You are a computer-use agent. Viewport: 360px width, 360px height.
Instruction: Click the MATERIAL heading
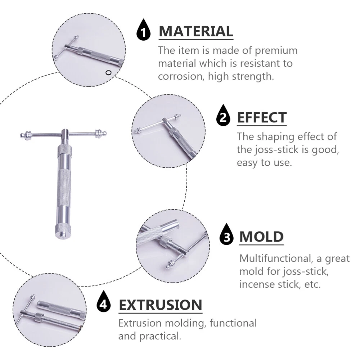click(x=196, y=31)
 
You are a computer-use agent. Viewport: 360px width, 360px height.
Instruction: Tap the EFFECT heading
click(x=262, y=118)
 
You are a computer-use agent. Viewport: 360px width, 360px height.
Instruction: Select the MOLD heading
click(x=261, y=237)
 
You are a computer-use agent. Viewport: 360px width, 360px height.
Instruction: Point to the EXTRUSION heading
click(x=161, y=305)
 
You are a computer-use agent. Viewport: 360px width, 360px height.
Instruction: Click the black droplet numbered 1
click(x=144, y=30)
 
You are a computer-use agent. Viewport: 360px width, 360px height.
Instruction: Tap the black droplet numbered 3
click(x=226, y=235)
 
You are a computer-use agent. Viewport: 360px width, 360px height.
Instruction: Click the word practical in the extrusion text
click(x=160, y=337)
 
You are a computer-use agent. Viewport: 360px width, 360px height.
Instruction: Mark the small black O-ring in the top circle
click(x=108, y=73)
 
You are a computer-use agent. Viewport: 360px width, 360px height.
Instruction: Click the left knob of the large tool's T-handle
click(x=26, y=135)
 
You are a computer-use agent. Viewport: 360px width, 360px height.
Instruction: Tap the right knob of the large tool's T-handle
click(x=101, y=133)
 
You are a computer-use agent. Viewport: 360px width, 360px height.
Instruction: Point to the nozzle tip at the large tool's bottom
click(x=63, y=237)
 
